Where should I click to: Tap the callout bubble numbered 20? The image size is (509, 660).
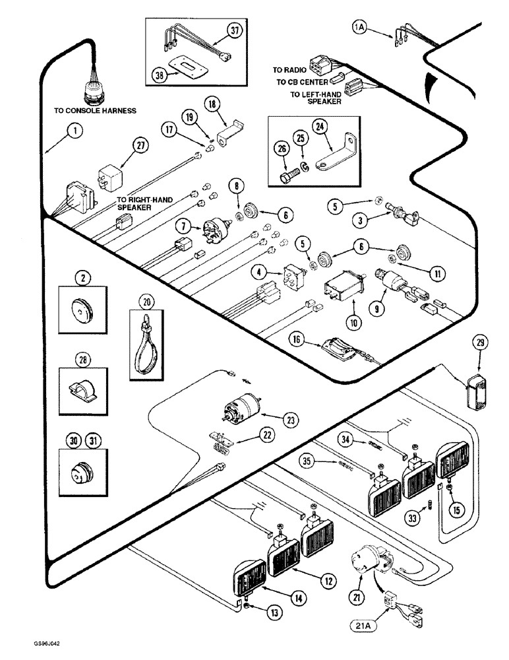[146, 302]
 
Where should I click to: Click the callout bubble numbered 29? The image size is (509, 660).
[479, 342]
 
